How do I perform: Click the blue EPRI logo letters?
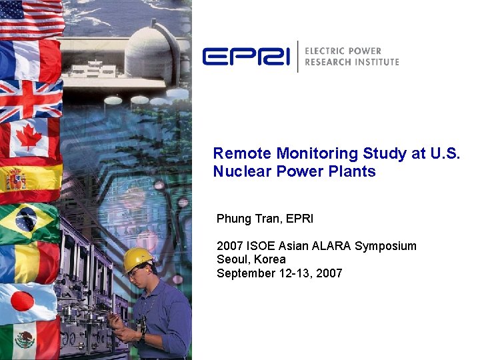coord(245,57)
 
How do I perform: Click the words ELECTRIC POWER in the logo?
coord(343,51)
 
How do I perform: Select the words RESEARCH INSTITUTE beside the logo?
coord(351,62)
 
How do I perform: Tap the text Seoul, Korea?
coord(251,259)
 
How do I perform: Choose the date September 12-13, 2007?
coord(279,273)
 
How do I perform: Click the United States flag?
coord(30,18)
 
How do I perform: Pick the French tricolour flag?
coord(30,60)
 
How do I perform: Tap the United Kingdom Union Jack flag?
coord(30,99)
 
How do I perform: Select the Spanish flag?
coord(30,179)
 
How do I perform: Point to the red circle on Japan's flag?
coord(23,302)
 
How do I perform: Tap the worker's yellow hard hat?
coord(137,259)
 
